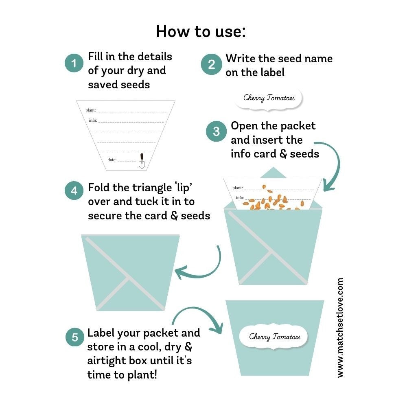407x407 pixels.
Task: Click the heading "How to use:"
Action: pos(201,31)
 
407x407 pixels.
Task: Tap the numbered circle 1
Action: pos(74,63)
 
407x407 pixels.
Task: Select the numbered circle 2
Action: pos(212,64)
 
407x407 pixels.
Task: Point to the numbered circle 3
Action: pos(216,131)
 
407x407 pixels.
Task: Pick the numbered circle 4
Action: pos(74,190)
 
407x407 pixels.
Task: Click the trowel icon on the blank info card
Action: pos(142,161)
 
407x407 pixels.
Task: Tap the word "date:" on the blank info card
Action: pos(112,160)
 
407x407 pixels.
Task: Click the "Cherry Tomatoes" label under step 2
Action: pos(269,98)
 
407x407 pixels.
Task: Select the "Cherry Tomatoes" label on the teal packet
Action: pos(275,337)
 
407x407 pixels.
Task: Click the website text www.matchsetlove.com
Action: pos(340,328)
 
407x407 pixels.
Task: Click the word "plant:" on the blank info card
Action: pos(90,110)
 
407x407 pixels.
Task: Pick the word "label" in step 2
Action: pos(270,72)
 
